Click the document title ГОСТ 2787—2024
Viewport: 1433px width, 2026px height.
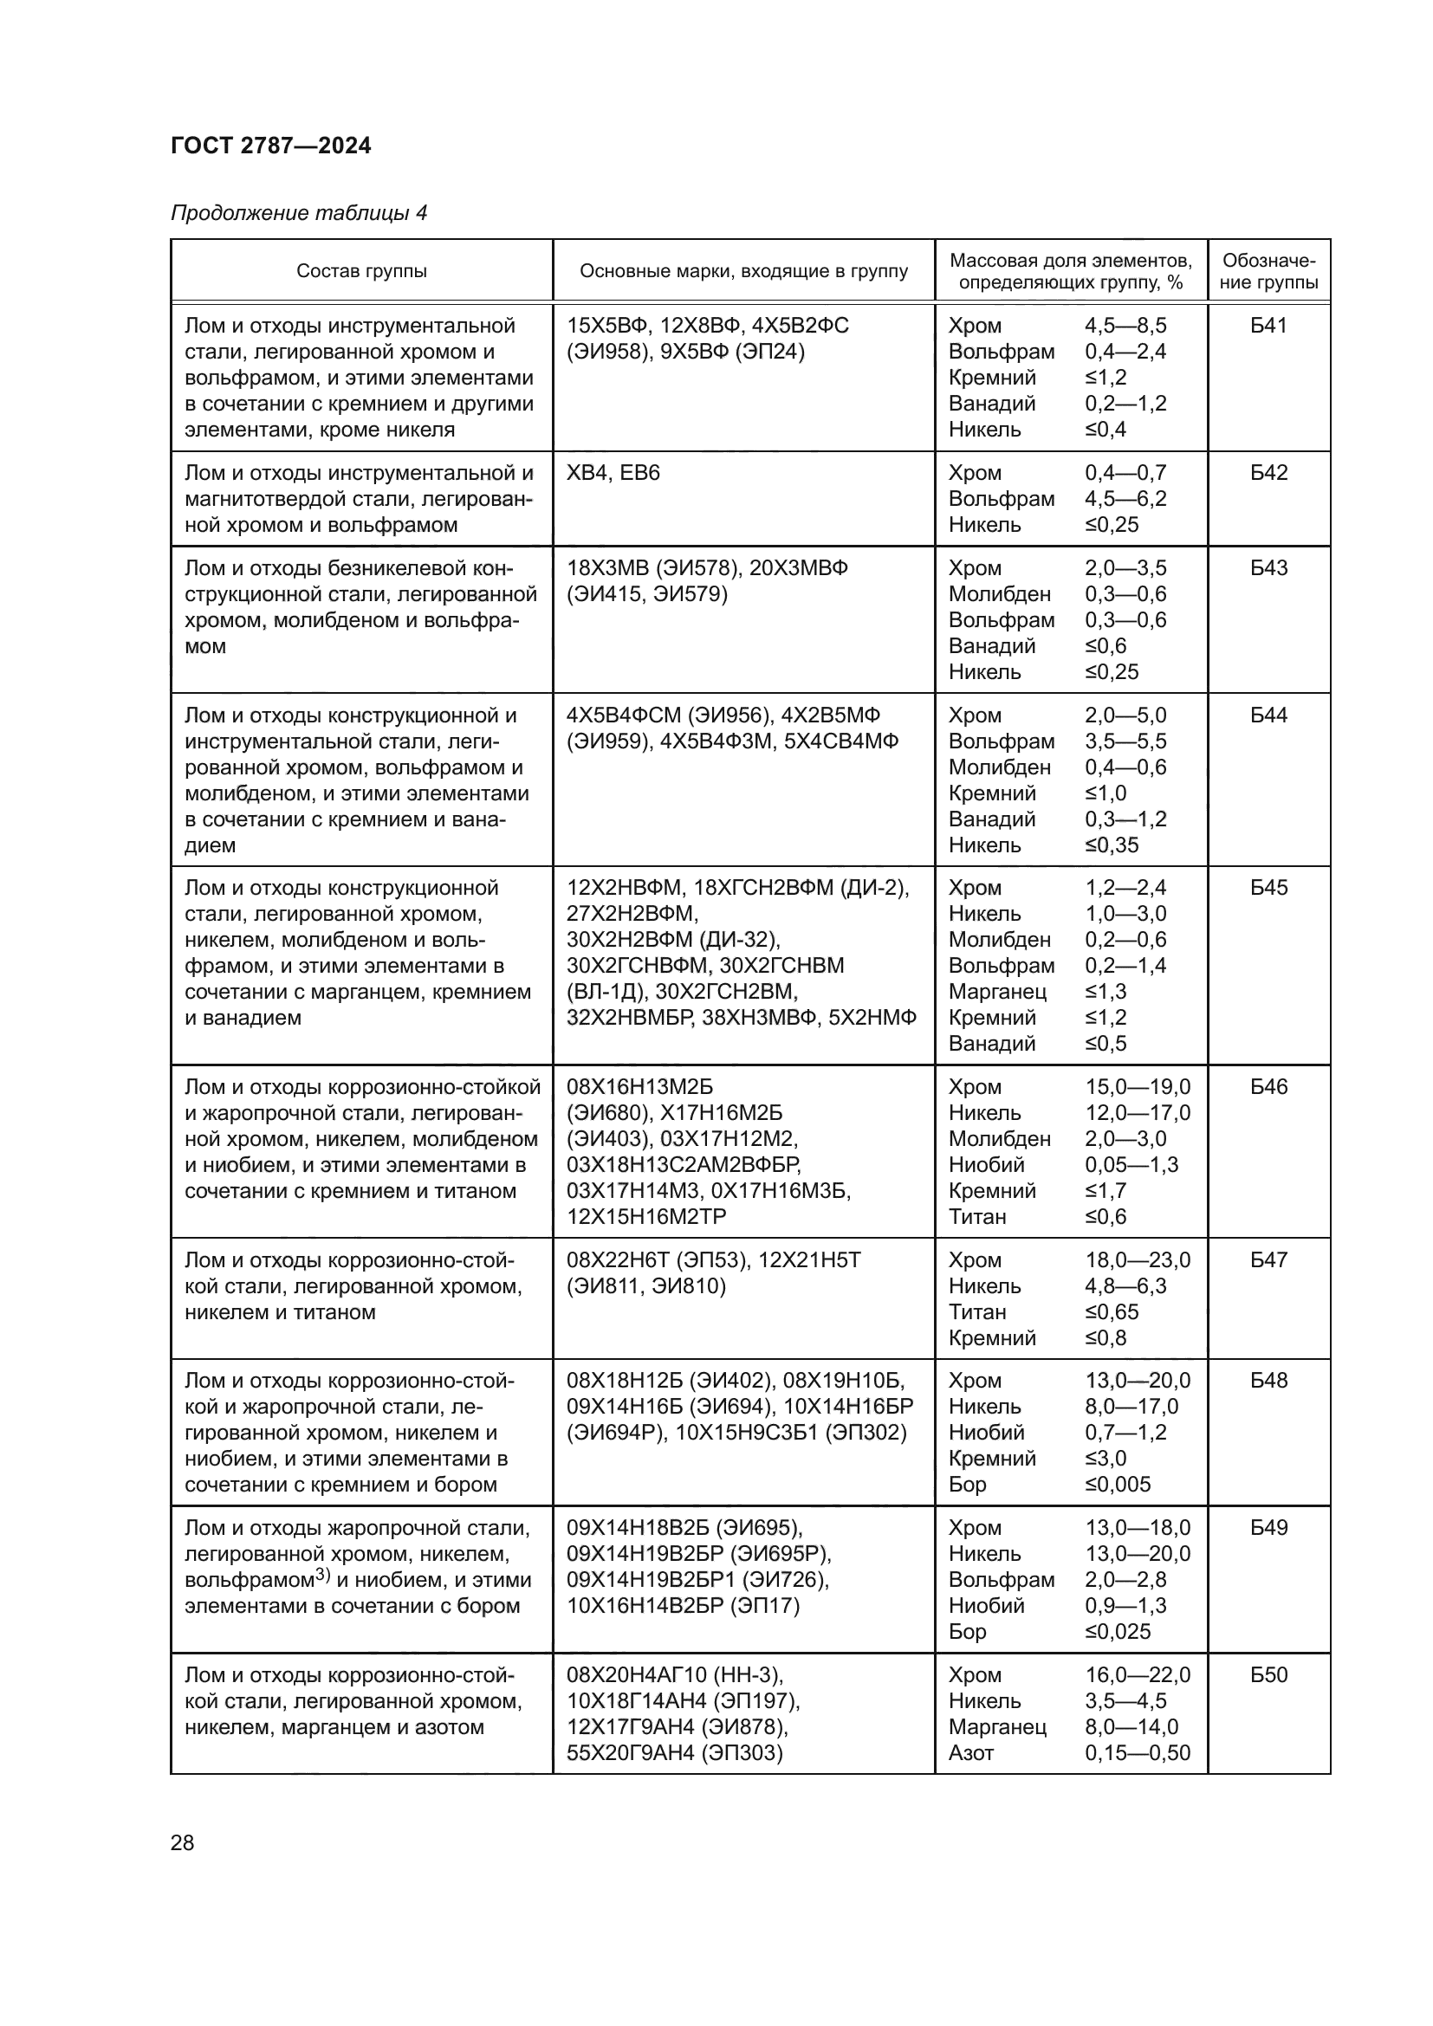coord(271,146)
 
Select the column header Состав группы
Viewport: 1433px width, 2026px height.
coord(361,271)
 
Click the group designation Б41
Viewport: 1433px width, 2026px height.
coord(1268,326)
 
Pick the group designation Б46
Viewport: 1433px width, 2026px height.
coord(1268,1086)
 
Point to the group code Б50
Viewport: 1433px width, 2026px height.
coord(1268,1674)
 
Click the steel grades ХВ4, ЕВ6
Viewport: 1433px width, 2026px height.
coord(613,473)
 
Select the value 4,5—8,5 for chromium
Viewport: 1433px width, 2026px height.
coord(1125,326)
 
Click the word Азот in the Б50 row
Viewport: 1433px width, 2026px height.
coord(970,1752)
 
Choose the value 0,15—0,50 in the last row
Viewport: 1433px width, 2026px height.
coord(1138,1752)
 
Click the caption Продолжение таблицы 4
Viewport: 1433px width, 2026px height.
coord(298,213)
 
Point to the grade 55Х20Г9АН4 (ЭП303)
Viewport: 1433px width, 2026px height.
coord(674,1752)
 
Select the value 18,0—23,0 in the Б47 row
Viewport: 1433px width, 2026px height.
coord(1138,1259)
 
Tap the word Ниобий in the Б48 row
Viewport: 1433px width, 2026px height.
coord(987,1432)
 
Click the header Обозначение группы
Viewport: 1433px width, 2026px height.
coord(1268,271)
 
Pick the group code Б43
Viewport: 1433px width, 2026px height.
coord(1268,567)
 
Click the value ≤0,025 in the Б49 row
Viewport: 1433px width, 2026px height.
coord(1118,1631)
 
